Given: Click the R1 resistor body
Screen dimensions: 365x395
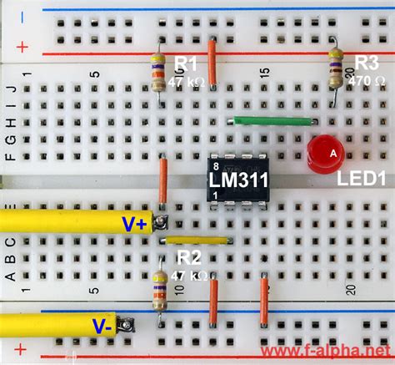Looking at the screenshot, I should pyautogui.click(x=157, y=70).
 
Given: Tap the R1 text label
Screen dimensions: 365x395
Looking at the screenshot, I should pyautogui.click(x=186, y=63).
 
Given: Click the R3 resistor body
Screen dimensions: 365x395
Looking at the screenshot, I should pyautogui.click(x=335, y=64).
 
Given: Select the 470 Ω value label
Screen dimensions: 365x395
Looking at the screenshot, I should pyautogui.click(x=366, y=81).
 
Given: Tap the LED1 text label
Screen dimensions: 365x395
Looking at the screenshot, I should pyautogui.click(x=360, y=180).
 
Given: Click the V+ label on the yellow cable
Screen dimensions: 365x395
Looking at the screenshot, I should pyautogui.click(x=134, y=223).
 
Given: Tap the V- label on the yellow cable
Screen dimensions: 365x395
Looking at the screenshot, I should pyautogui.click(x=102, y=326).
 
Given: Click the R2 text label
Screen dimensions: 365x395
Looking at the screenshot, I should pyautogui.click(x=189, y=257).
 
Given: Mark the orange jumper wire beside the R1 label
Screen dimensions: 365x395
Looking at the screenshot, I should pyautogui.click(x=213, y=63).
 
